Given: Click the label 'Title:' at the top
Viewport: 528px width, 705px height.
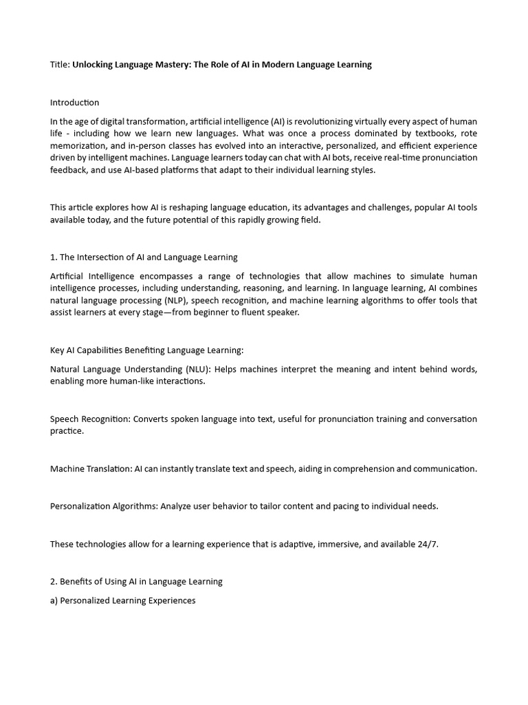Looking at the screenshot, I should (x=60, y=65).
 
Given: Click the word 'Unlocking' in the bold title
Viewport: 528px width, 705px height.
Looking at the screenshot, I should (x=95, y=65).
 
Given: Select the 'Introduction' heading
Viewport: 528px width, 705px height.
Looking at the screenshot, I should (x=74, y=103).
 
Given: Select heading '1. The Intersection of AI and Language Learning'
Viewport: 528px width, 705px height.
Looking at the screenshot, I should (x=144, y=257).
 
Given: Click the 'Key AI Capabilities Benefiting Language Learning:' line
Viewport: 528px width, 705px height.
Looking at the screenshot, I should (x=146, y=350).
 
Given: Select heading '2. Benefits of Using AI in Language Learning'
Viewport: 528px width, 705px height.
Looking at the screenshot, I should (x=136, y=581).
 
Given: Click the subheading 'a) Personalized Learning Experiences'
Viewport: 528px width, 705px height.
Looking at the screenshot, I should (x=122, y=600).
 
